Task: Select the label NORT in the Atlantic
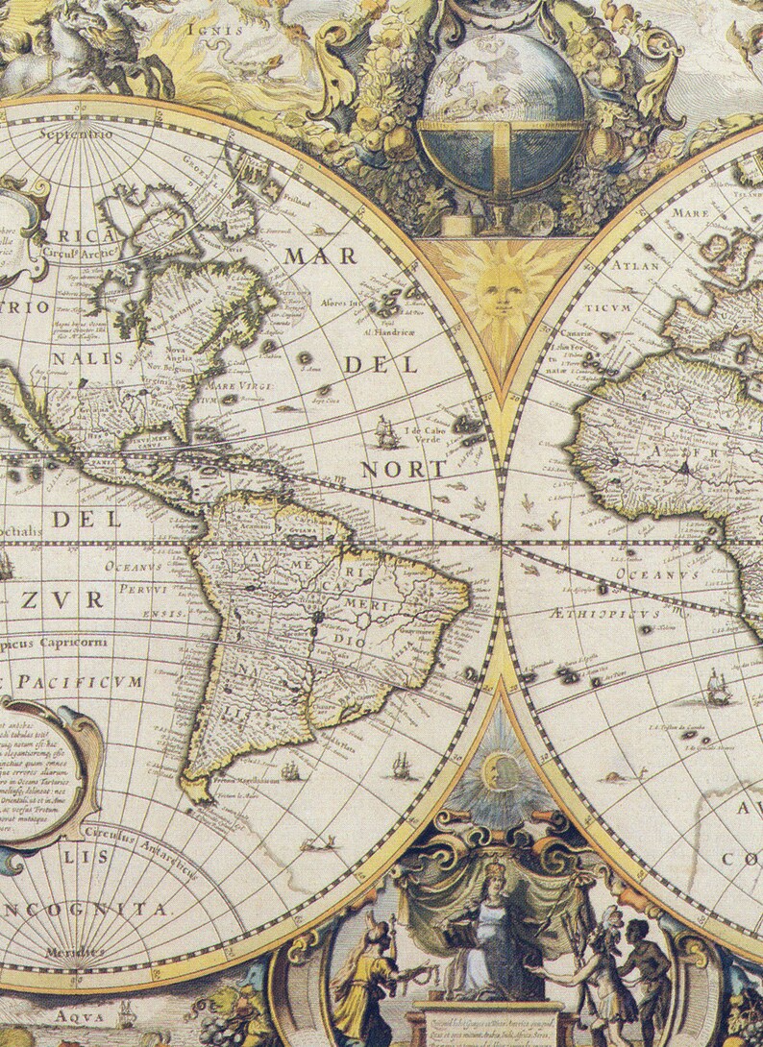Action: point(404,470)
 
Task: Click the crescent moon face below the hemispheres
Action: point(499,769)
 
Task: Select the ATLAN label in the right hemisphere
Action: point(637,265)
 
